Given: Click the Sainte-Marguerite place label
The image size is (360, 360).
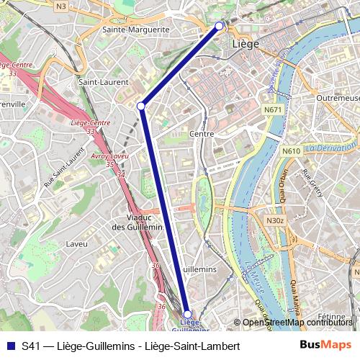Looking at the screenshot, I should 136,30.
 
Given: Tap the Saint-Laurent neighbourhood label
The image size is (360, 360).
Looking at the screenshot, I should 98,82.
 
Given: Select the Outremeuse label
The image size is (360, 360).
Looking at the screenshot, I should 336,97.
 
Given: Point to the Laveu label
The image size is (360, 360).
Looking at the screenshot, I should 76,244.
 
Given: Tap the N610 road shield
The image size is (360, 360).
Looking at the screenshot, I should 291,151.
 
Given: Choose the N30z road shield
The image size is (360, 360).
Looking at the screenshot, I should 275,221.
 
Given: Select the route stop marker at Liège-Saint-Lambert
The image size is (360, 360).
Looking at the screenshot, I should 220,27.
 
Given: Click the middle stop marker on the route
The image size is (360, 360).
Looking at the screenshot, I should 141,107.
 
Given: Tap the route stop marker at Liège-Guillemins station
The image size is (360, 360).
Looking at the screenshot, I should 187,314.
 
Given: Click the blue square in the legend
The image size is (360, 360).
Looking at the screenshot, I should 9,345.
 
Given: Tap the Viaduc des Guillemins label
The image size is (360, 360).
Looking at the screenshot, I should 138,222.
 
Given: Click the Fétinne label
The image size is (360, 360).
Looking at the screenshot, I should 333,317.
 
